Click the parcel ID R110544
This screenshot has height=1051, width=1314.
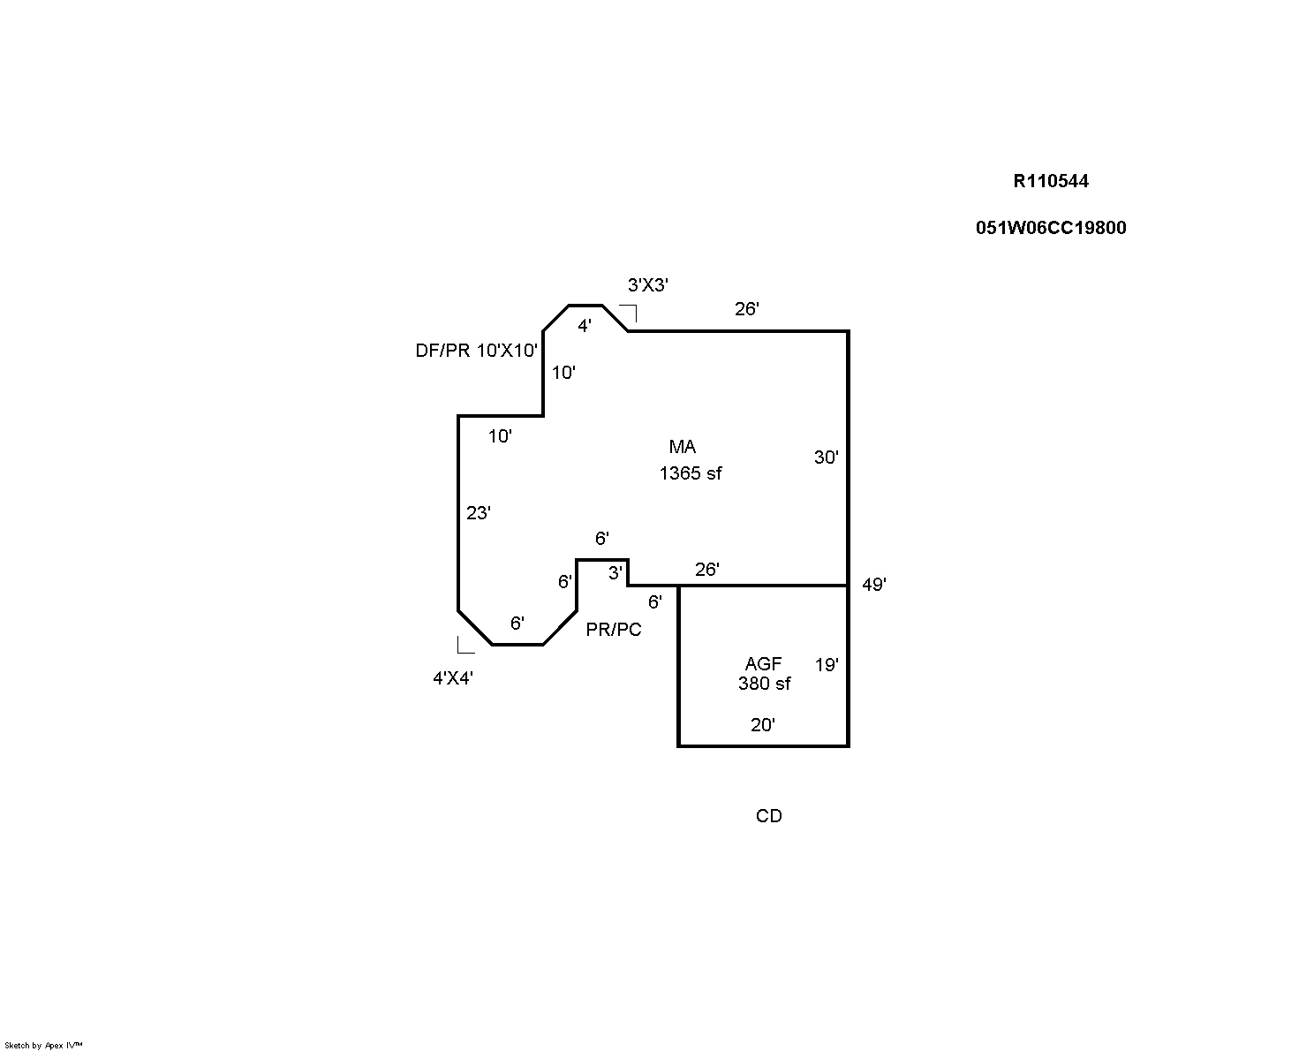(1050, 181)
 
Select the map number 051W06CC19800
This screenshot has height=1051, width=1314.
(1050, 228)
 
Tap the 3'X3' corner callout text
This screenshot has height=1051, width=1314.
(647, 285)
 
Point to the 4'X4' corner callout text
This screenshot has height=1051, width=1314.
(452, 678)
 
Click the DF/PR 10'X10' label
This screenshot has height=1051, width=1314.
(476, 351)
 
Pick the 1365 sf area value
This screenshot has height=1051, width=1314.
(690, 473)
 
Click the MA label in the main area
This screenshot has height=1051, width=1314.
(682, 447)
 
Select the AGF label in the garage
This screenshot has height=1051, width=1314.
(763, 664)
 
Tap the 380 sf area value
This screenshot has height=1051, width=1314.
(764, 684)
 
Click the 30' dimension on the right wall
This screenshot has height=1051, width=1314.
(826, 457)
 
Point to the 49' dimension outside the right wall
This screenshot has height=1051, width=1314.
(873, 585)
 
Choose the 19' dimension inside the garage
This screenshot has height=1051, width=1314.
(826, 665)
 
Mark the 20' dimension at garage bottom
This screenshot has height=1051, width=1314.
(762, 725)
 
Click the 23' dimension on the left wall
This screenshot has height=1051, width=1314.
(478, 513)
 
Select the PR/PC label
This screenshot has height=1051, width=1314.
(614, 630)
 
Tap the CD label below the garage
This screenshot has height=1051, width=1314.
(768, 816)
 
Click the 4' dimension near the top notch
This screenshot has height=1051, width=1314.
(584, 326)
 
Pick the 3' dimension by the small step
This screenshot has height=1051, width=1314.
(615, 573)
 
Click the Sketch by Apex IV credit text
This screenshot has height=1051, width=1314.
(43, 1045)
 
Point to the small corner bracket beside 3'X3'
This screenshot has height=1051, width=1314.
(629, 312)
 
